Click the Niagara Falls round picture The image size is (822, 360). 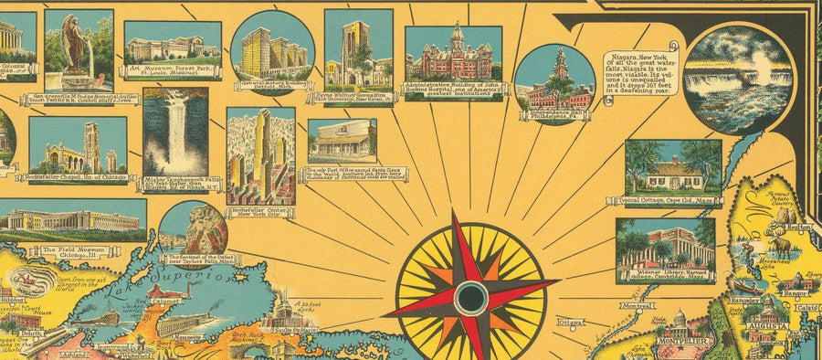[737, 79]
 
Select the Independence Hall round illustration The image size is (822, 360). [554, 85]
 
